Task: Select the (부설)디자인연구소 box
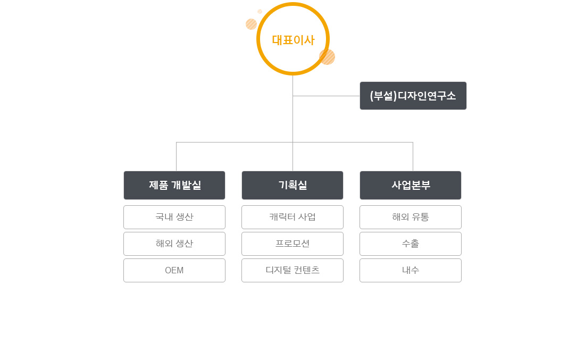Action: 413,96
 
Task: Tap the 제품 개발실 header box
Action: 174,186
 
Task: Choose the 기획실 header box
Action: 292,186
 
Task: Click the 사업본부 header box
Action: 411,186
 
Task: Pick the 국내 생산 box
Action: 174,217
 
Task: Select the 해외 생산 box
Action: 174,244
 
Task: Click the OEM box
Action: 174,271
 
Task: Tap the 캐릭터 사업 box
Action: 292,217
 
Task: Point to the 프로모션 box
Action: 292,244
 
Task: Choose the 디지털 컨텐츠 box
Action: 292,271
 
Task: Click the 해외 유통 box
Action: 411,217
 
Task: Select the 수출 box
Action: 411,244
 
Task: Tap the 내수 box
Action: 411,271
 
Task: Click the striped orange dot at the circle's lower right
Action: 327,57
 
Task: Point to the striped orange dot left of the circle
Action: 252,24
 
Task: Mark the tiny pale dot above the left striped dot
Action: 260,12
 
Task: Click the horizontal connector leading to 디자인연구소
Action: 327,96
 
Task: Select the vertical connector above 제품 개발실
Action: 176,157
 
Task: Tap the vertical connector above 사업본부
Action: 413,157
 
